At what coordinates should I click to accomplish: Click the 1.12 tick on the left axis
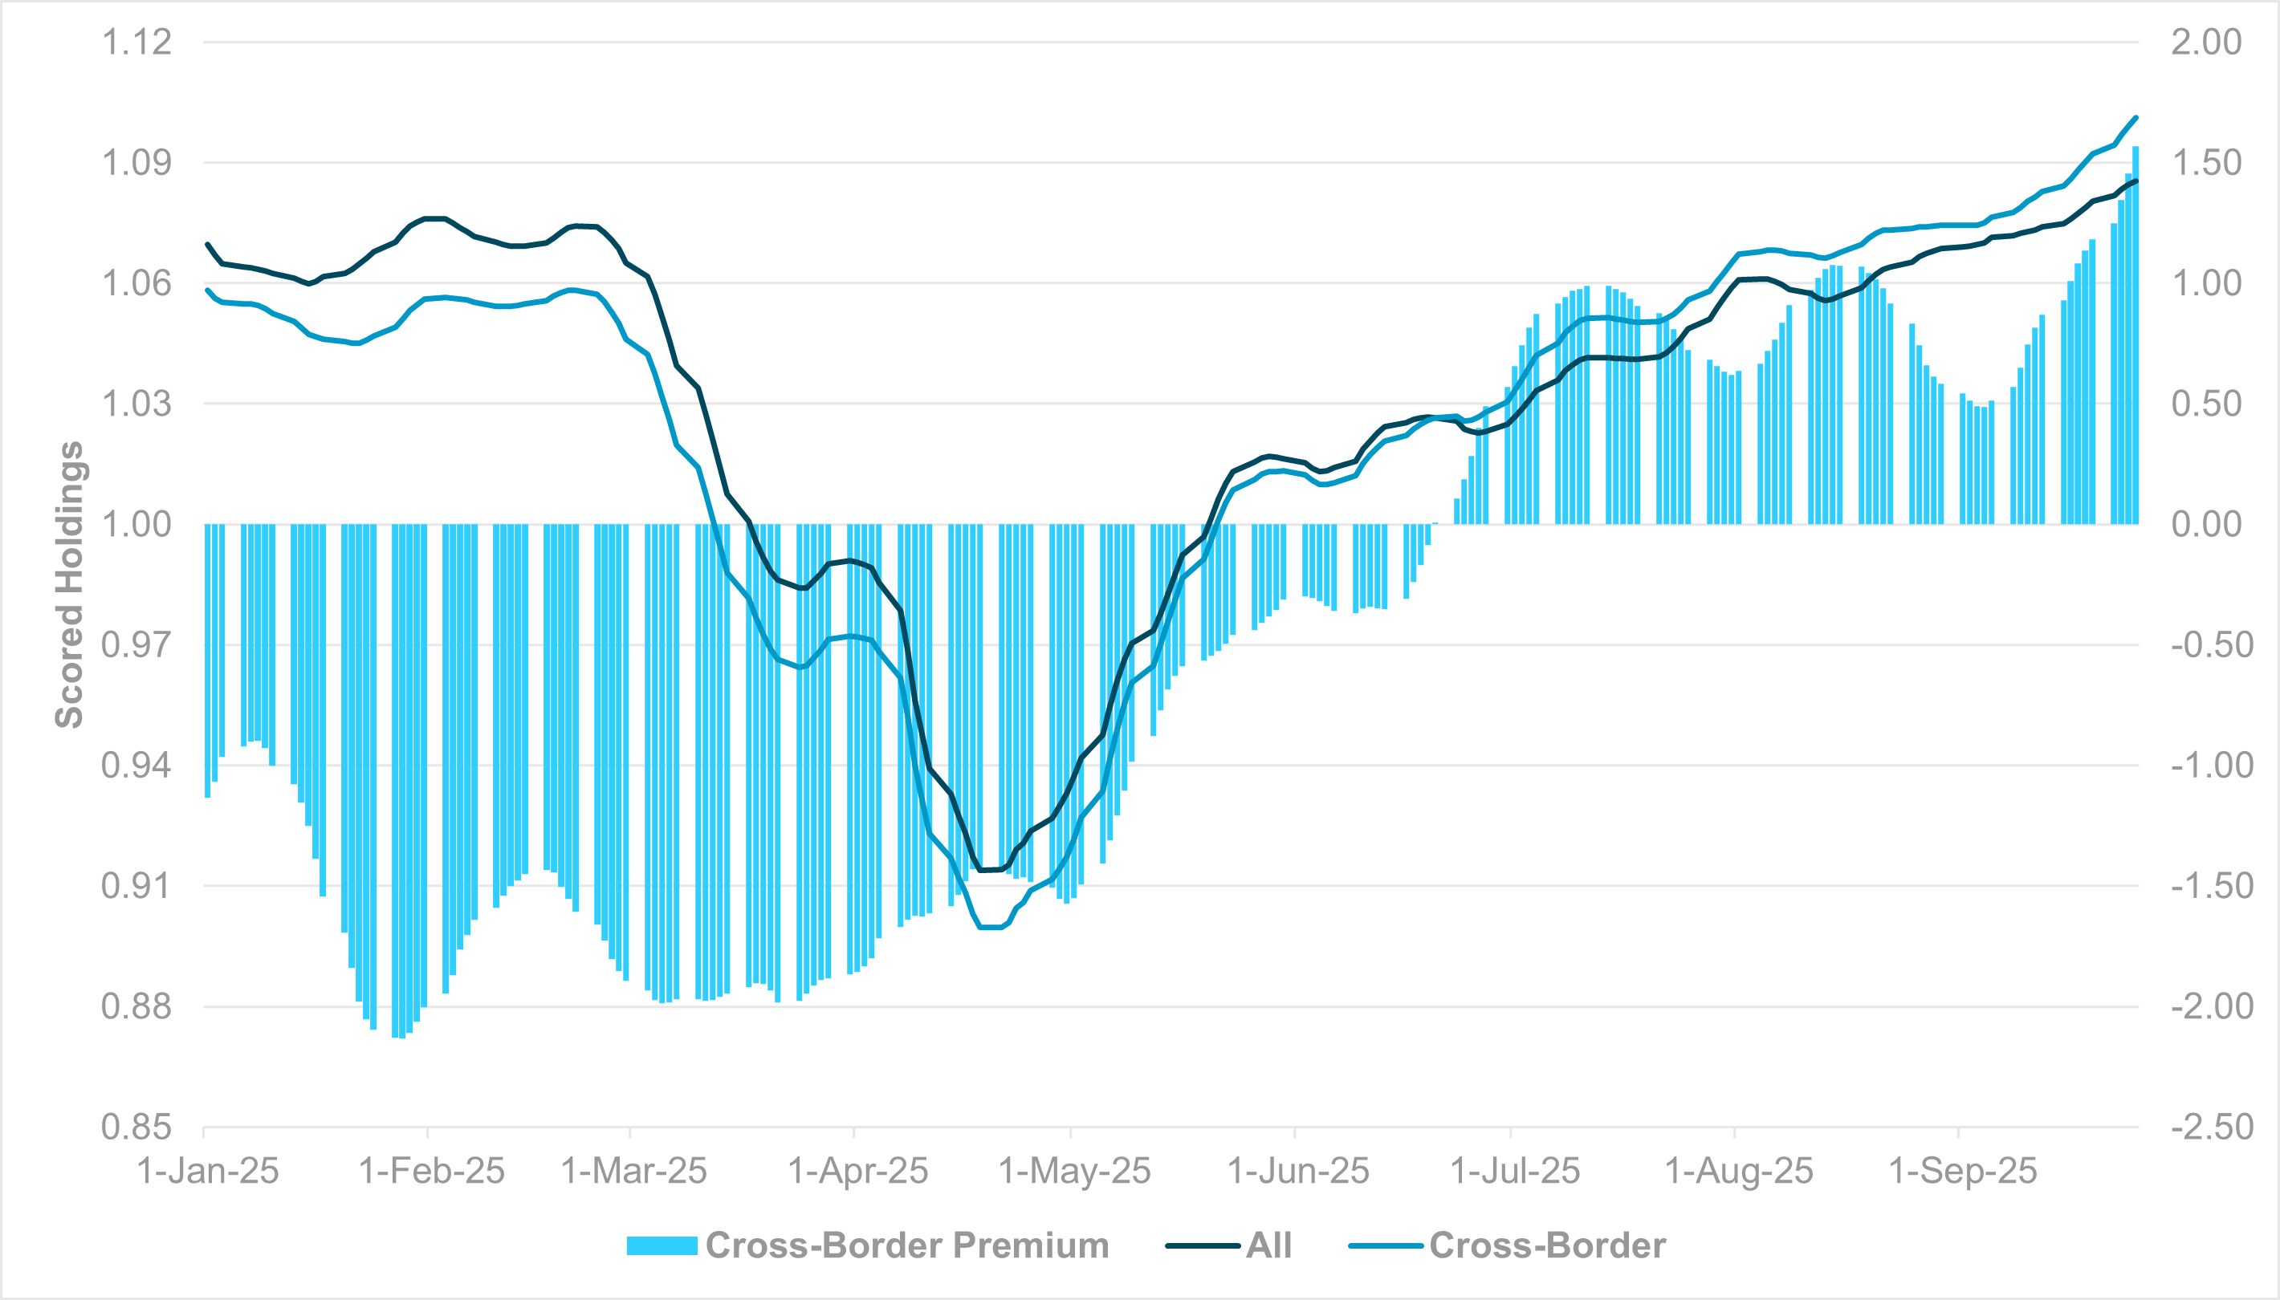(x=136, y=42)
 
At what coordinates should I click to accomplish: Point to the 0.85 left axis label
(x=136, y=1127)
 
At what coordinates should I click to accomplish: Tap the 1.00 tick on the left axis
(x=136, y=524)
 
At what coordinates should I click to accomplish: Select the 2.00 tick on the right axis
(x=2206, y=42)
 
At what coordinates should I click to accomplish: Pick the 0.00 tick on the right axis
(x=2206, y=524)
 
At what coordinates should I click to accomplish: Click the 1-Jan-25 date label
(x=207, y=1171)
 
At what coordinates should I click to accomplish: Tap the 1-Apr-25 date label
(x=857, y=1171)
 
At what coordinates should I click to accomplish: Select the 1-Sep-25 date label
(x=1963, y=1171)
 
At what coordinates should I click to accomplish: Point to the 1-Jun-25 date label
(x=1297, y=1171)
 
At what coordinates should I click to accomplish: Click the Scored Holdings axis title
(x=70, y=585)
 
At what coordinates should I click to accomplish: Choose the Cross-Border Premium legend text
(x=906, y=1245)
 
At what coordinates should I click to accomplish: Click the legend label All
(x=1269, y=1245)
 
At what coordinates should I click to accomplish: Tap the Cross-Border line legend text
(x=1547, y=1245)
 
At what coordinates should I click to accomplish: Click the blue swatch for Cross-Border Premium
(x=662, y=1245)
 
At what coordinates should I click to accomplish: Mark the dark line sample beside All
(x=1203, y=1245)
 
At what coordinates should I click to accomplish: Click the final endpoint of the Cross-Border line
(x=2136, y=117)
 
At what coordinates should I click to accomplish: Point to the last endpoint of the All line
(x=2136, y=181)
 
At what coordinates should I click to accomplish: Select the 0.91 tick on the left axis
(x=136, y=886)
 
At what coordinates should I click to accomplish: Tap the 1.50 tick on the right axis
(x=2206, y=162)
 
